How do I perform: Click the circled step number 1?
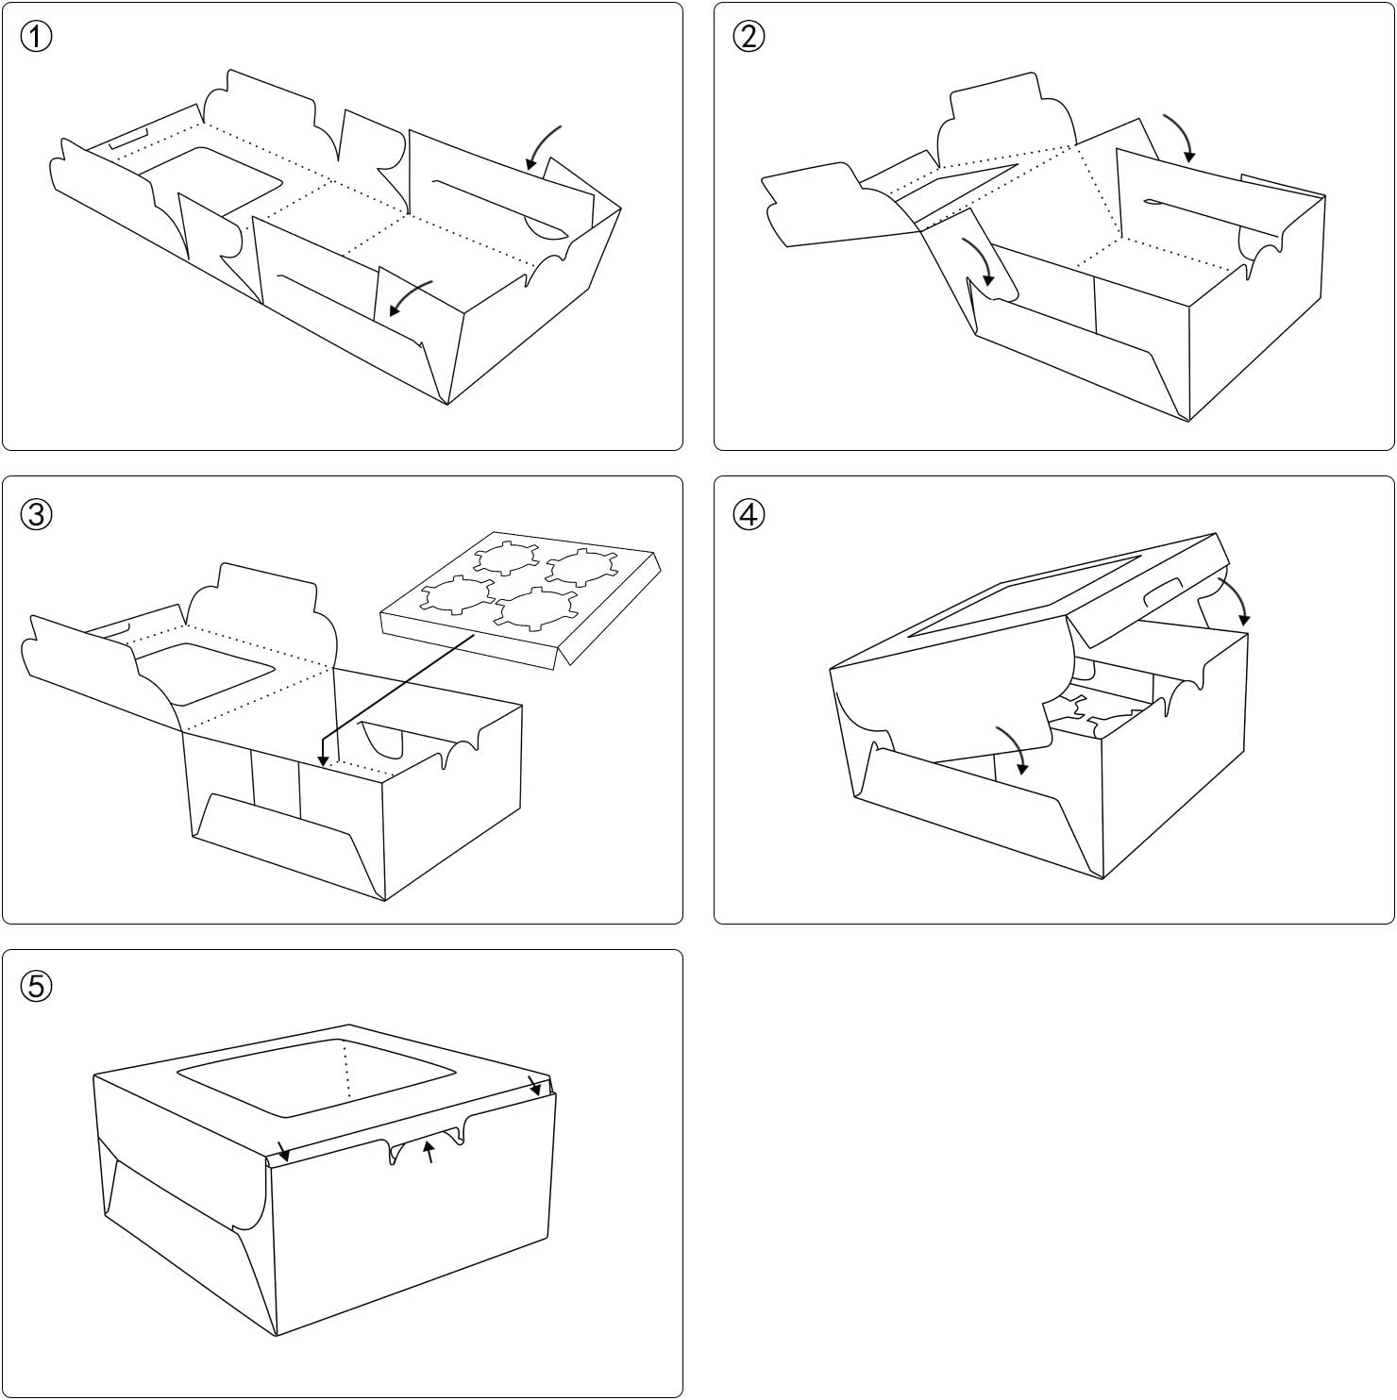click(x=36, y=38)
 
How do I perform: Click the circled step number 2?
click(x=749, y=38)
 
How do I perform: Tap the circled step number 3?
click(x=36, y=514)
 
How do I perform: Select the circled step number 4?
click(x=749, y=514)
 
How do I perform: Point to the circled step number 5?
click(x=36, y=987)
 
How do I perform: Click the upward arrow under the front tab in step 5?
click(x=429, y=1151)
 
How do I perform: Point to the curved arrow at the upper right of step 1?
click(x=543, y=147)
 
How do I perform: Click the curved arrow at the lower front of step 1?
click(x=411, y=298)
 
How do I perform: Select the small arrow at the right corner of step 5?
click(x=535, y=1086)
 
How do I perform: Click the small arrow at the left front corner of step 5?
click(x=283, y=1151)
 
